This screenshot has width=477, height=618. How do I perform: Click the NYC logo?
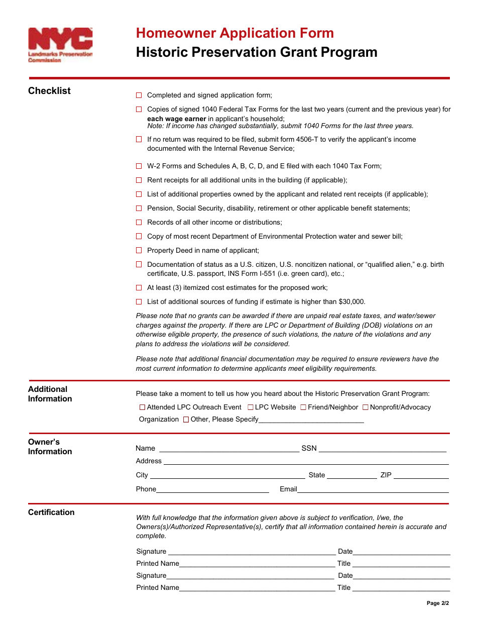tap(60, 45)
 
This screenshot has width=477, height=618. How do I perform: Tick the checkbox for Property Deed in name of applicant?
tap(139, 250)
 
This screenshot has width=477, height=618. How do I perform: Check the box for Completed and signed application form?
tap(139, 95)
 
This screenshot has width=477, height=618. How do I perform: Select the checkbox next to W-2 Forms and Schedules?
tap(139, 166)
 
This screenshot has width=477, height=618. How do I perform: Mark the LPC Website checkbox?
tap(251, 407)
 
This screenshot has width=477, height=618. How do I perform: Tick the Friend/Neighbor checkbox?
tap(303, 407)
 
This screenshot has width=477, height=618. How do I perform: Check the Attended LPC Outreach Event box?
tap(142, 407)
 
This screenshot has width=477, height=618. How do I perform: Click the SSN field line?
tap(383, 450)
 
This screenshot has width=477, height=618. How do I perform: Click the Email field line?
tap(373, 491)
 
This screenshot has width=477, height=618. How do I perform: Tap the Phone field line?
tap(212, 491)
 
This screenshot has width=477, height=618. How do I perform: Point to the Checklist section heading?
tap(49, 91)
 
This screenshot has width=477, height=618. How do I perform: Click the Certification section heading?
tap(51, 512)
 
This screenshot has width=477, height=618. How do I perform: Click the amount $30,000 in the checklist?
tap(351, 301)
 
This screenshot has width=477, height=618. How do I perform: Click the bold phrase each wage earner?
tap(177, 119)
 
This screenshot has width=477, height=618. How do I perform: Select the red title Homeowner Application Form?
tap(235, 33)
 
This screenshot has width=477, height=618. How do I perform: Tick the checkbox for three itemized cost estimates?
tap(139, 287)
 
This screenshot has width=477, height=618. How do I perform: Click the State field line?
tap(351, 477)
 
